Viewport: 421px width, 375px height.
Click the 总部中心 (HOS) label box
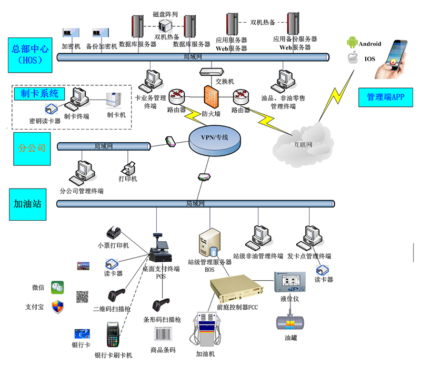[x=30, y=54]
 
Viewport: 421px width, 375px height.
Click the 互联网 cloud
[x=303, y=141]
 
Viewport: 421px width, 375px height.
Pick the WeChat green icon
[x=57, y=288]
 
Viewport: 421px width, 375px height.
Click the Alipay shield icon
[x=57, y=307]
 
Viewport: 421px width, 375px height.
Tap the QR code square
[x=82, y=297]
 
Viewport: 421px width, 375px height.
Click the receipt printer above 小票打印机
[x=113, y=232]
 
